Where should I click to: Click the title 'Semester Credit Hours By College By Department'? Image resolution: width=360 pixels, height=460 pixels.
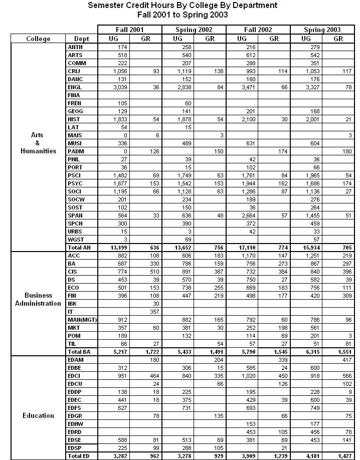pyautogui.click(x=182, y=6)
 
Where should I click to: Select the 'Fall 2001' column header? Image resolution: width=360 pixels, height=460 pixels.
pyautogui.click(x=129, y=30)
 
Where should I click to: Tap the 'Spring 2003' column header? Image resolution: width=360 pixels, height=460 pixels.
pyautogui.click(x=322, y=30)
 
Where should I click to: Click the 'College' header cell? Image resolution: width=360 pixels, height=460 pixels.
pyautogui.click(x=38, y=39)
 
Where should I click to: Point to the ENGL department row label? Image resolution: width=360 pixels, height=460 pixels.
pyautogui.click(x=74, y=87)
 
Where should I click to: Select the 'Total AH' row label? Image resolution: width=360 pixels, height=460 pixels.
pyautogui.click(x=78, y=248)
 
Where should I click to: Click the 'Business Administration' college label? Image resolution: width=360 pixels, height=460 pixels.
pyautogui.click(x=38, y=299)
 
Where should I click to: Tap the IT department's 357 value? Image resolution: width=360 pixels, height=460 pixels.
pyautogui.click(x=146, y=312)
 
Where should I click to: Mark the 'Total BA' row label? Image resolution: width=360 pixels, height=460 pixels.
pyautogui.click(x=78, y=352)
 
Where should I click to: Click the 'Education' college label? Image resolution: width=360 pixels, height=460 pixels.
pyautogui.click(x=38, y=415)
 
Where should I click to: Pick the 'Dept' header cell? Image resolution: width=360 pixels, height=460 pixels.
pyautogui.click(x=81, y=39)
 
